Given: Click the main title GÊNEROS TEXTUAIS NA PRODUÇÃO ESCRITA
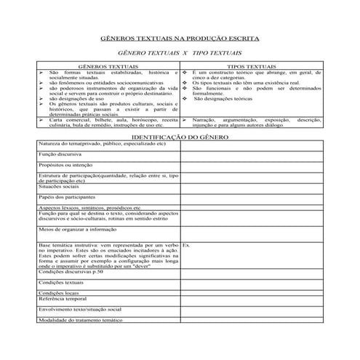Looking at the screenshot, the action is tap(180, 38).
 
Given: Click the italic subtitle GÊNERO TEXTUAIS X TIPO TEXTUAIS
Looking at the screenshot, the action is tap(180, 54).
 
